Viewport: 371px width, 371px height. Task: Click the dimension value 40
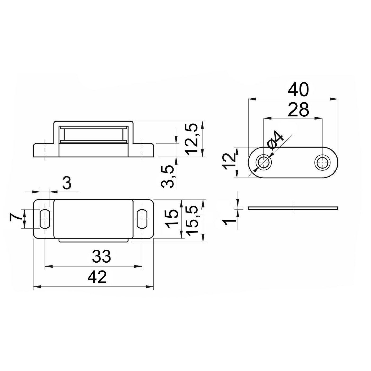click(x=298, y=90)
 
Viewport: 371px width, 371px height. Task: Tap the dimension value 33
click(x=101, y=256)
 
